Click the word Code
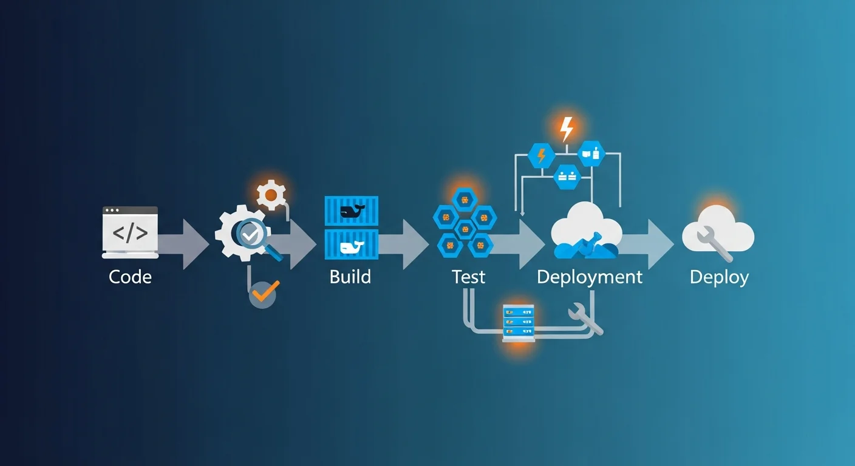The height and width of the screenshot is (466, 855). point(130,277)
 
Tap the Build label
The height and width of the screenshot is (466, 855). point(350,277)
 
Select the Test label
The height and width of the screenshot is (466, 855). point(468,277)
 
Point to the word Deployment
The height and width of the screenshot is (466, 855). point(589,277)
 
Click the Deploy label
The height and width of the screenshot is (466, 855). point(719,277)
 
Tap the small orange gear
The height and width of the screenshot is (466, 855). point(271,195)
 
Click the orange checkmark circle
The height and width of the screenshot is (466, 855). point(263,294)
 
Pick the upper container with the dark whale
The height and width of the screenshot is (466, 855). point(351,211)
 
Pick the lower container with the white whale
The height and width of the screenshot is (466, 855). point(351,245)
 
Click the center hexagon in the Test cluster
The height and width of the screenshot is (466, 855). point(465,229)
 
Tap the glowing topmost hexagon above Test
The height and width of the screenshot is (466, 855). point(465,199)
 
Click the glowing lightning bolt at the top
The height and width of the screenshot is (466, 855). point(566,129)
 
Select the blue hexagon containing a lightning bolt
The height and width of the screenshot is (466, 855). point(541,156)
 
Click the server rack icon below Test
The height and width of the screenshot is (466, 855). point(518,323)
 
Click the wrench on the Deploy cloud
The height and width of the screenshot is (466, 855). point(714,242)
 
